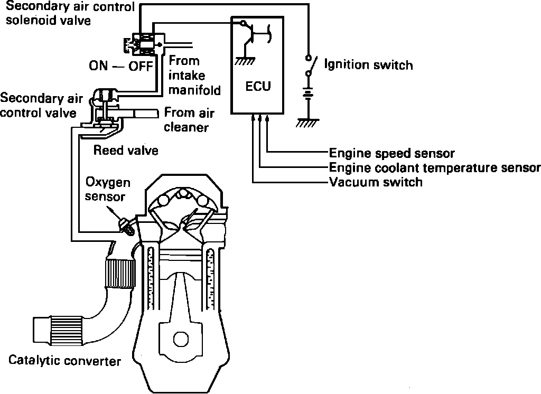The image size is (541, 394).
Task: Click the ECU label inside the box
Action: pyautogui.click(x=258, y=86)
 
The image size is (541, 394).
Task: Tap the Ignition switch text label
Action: pyautogui.click(x=368, y=65)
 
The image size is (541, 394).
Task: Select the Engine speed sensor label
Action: pyautogui.click(x=391, y=154)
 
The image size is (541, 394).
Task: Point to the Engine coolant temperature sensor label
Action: pyautogui.click(x=434, y=168)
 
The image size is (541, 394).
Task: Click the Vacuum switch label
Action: pyautogui.click(x=376, y=183)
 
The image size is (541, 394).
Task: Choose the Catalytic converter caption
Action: pyautogui.click(x=64, y=361)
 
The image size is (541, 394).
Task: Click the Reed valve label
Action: pyautogui.click(x=126, y=151)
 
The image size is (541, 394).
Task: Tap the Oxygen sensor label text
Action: pyautogui.click(x=107, y=190)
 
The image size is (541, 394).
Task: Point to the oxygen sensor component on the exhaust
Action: pyautogui.click(x=127, y=226)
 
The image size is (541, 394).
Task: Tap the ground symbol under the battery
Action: pyautogui.click(x=306, y=122)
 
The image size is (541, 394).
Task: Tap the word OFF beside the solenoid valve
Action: pyautogui.click(x=140, y=67)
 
